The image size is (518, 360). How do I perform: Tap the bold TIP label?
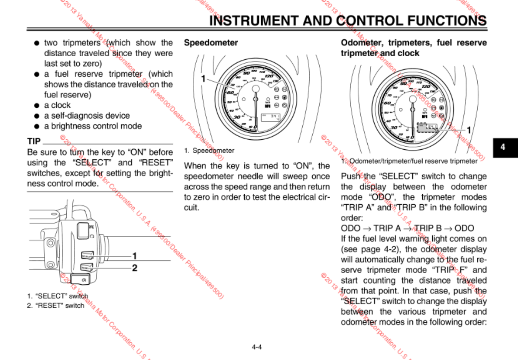[34, 141]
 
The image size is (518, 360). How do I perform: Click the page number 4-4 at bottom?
[257, 347]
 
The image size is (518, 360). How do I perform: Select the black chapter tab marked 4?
[502, 147]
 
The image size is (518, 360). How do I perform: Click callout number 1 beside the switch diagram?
[135, 255]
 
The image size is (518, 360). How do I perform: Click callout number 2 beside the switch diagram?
[135, 268]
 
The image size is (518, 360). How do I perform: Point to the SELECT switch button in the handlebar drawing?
[87, 256]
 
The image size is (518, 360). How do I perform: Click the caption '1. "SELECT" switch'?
[57, 296]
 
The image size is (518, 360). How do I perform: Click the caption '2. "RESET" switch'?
[56, 305]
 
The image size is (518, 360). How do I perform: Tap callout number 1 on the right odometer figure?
[468, 130]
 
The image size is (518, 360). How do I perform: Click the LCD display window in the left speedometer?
[270, 117]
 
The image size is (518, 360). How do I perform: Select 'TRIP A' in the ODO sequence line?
[386, 228]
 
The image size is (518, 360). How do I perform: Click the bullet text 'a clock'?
[57, 105]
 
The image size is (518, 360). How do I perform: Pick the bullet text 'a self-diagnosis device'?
[87, 116]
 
